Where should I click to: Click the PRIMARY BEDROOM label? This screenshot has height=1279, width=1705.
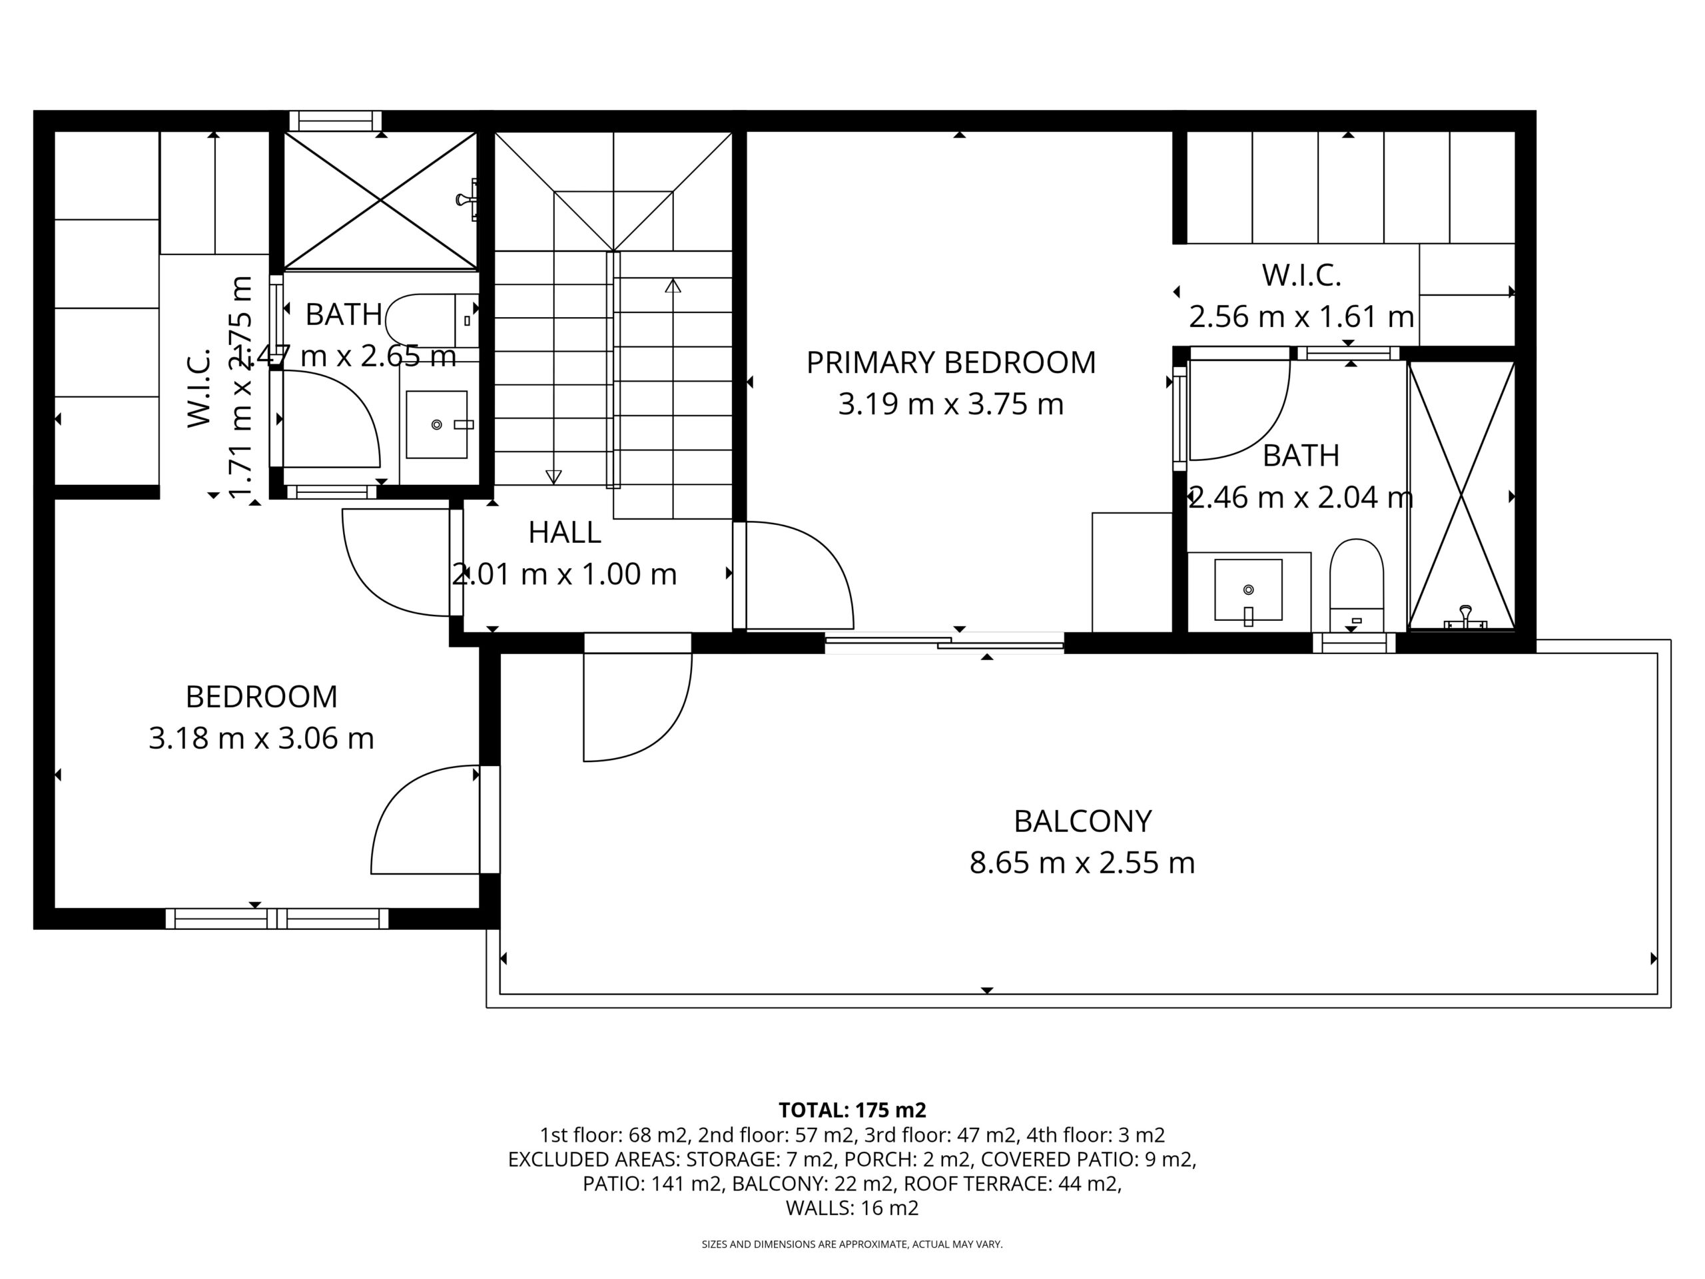coord(950,362)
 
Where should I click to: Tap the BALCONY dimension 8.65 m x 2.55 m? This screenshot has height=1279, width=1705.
coord(1082,863)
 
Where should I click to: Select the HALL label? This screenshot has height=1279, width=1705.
coord(564,532)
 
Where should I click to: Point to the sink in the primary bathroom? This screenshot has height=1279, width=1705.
coord(1248,590)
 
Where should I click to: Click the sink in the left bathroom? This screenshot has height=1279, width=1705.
coord(436,424)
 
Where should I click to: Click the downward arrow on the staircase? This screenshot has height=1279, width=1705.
coord(553,476)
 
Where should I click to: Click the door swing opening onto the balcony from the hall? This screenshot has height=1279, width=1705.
coord(637,705)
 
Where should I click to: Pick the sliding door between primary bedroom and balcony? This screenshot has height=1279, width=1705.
coord(944,642)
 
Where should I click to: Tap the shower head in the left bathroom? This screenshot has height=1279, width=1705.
coord(467,200)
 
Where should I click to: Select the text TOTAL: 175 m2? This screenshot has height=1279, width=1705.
coord(852,1110)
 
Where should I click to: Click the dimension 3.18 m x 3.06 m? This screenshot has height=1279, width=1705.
coord(261,739)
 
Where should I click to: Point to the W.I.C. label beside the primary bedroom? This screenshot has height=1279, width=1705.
coord(1301,275)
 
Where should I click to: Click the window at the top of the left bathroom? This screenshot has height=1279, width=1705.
coord(335,121)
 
